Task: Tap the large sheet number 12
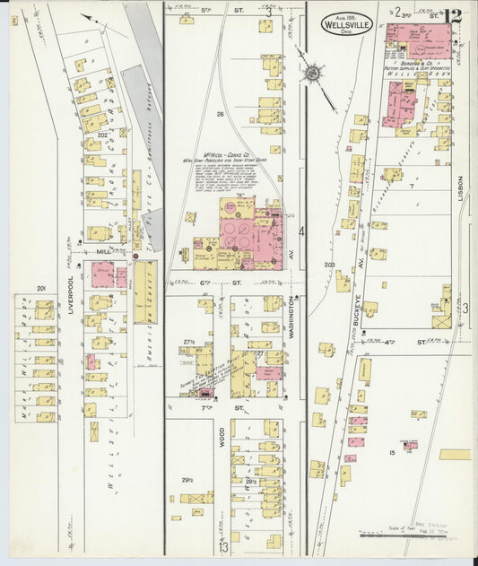tap(452, 14)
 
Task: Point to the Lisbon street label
tap(461, 187)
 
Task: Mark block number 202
tap(102, 135)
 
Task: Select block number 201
tap(41, 288)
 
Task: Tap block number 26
tap(219, 114)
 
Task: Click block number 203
tap(329, 265)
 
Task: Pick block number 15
tap(392, 453)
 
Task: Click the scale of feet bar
tap(417, 538)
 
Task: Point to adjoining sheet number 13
tap(222, 546)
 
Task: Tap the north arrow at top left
tap(88, 15)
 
